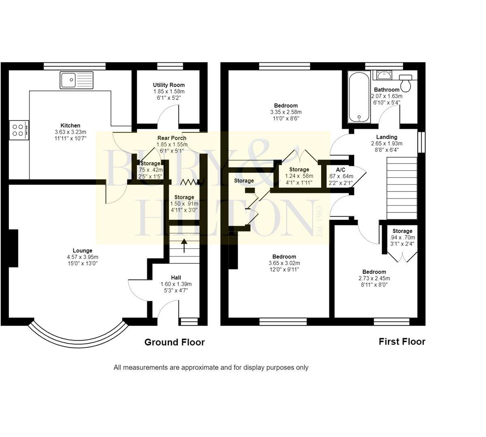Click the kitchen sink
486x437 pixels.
point(77,80)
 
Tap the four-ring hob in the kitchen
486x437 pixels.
point(19,130)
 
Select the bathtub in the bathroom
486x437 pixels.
point(359,97)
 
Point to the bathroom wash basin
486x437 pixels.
point(384,75)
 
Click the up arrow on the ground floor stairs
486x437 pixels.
point(184,246)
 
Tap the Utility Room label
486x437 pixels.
point(168,85)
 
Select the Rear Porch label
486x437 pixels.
point(172,138)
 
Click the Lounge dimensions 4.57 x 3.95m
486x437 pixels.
point(83,257)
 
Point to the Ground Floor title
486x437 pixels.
point(175,342)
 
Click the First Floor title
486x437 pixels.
point(402,342)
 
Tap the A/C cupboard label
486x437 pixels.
point(340,170)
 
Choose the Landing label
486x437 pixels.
point(387,137)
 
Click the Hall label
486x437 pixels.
point(176,278)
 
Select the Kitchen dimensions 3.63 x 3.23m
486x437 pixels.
point(70,132)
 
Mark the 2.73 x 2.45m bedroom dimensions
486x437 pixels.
point(374,278)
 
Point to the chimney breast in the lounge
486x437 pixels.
point(13,248)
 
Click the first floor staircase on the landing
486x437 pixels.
point(402,188)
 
